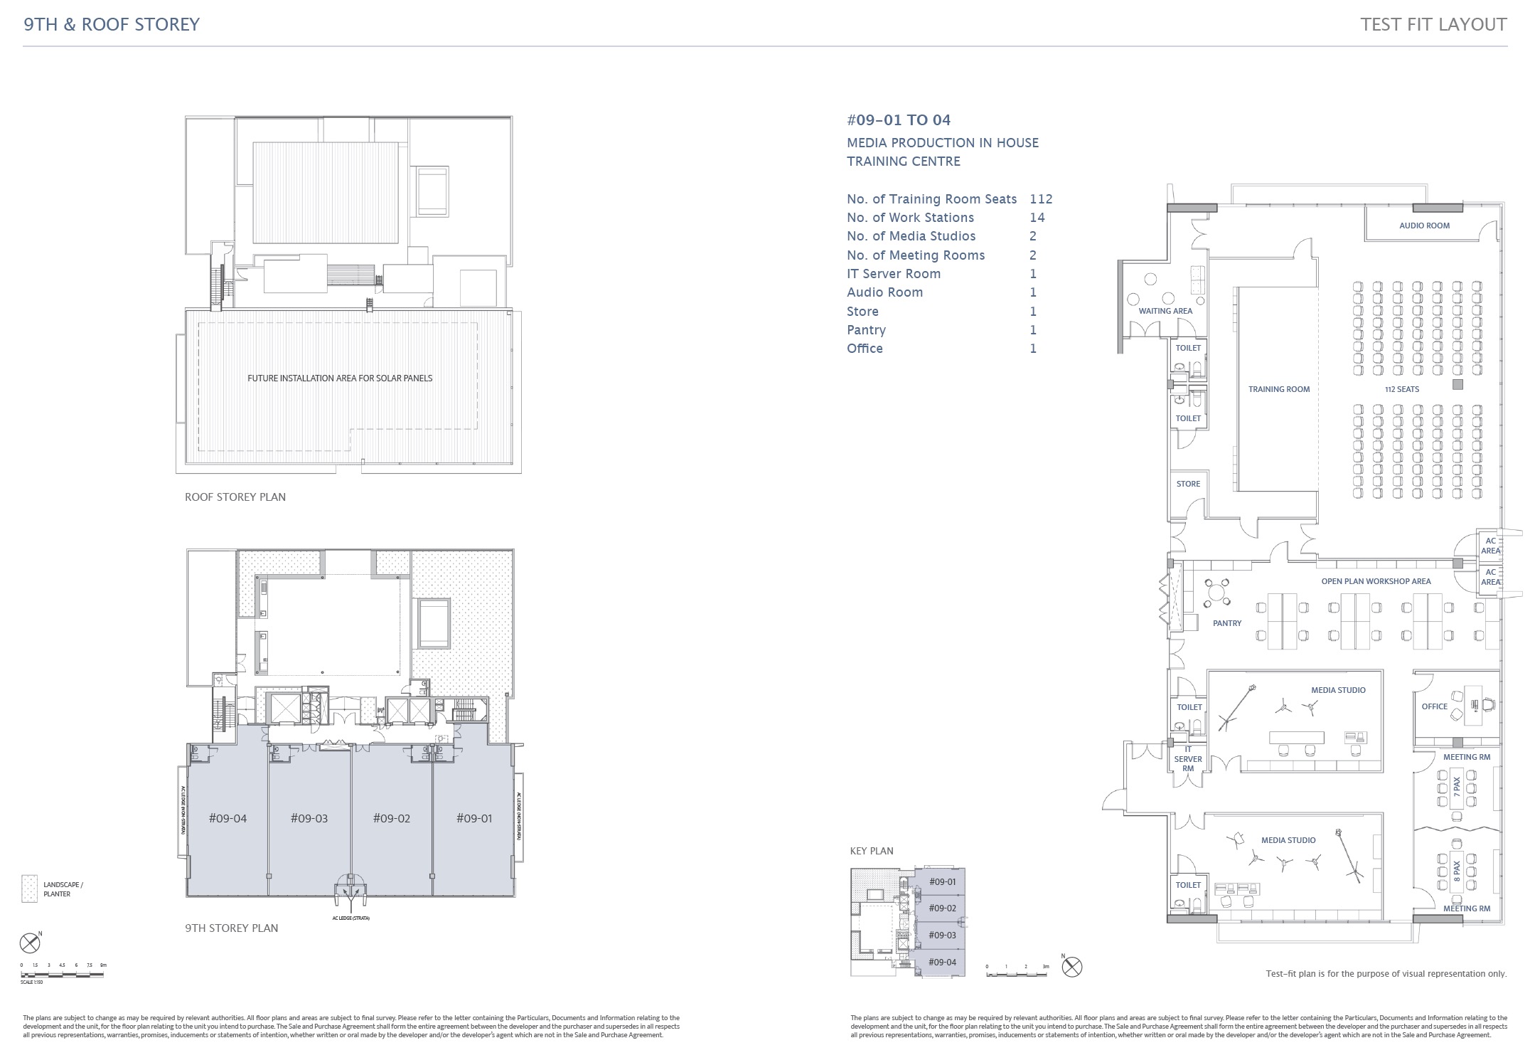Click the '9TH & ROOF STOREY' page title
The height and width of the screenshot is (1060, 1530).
tap(112, 24)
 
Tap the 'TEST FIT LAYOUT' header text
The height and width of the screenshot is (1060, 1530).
tap(1433, 24)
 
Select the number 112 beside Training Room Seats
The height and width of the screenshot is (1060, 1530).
tap(1040, 199)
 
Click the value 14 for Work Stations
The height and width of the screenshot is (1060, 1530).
tap(1037, 218)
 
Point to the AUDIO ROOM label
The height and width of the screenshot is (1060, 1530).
tap(1424, 226)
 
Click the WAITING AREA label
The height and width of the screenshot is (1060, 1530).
tap(1165, 311)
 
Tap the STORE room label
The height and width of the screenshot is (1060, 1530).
tap(1188, 484)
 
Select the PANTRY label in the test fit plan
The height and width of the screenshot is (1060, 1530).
tap(1226, 623)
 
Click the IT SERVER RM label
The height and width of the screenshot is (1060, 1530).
tap(1188, 759)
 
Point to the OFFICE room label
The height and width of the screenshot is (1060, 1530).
tap(1434, 706)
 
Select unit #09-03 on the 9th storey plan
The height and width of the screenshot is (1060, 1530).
tap(309, 819)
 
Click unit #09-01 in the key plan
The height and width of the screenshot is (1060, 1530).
tap(942, 882)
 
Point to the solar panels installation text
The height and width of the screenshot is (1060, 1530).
tap(339, 378)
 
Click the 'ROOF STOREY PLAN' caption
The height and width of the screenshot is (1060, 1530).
tap(235, 497)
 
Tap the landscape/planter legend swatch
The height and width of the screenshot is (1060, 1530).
tap(29, 889)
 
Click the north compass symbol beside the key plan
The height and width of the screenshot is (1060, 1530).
tap(1072, 968)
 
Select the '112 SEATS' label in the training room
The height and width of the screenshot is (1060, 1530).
tap(1401, 390)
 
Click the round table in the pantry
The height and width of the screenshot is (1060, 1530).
tap(1217, 591)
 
